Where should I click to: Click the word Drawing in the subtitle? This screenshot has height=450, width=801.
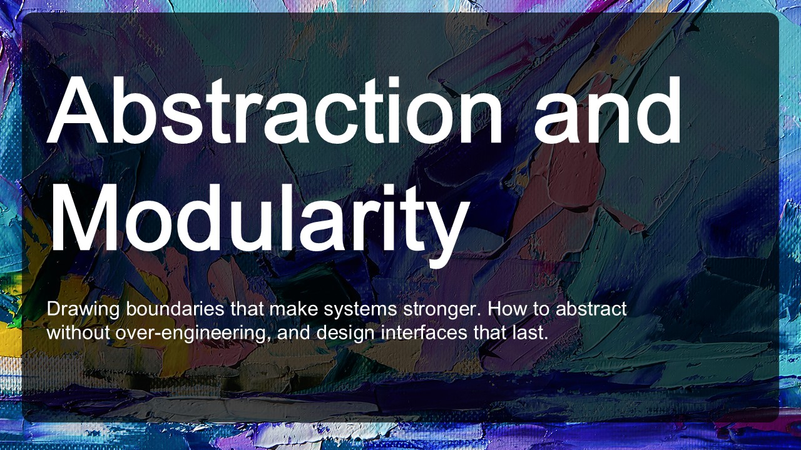pos(83,309)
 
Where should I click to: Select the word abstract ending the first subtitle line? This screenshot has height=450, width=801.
pos(591,309)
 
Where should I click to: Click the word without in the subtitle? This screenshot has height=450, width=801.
pos(78,332)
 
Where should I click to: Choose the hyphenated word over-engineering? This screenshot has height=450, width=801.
pos(192,334)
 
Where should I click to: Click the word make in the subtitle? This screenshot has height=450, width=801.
pos(293,309)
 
